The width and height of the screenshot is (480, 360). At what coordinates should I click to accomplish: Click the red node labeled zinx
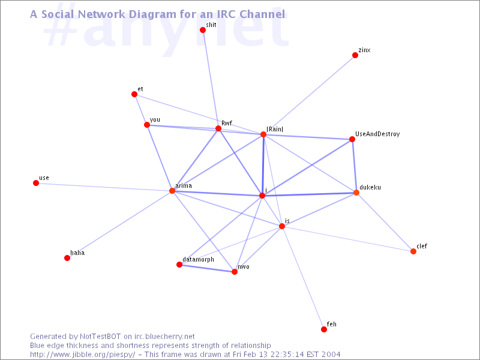(355, 55)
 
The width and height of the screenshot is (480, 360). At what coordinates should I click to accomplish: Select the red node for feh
(324, 329)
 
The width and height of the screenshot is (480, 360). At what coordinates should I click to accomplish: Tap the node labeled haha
(67, 258)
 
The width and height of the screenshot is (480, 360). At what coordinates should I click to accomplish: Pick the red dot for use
(36, 183)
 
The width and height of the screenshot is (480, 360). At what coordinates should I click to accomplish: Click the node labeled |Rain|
(263, 134)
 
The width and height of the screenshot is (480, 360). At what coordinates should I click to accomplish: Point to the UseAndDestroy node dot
(352, 139)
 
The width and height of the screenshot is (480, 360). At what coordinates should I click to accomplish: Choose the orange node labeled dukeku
(356, 193)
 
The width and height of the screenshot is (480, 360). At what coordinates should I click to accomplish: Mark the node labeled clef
(413, 251)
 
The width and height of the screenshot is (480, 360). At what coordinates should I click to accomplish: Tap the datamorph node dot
(179, 265)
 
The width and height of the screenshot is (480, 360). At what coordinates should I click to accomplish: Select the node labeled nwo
(235, 272)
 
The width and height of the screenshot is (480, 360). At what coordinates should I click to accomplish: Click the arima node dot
(172, 191)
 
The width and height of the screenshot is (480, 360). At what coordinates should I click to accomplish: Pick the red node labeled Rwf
(218, 128)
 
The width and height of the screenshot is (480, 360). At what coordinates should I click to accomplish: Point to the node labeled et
(134, 94)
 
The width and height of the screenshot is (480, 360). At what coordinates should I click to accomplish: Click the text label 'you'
(155, 120)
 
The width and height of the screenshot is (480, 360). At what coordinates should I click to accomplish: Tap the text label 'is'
(287, 221)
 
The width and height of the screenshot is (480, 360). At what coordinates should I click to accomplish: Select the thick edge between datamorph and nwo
(207, 268)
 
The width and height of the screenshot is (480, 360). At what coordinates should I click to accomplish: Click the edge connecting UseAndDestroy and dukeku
(354, 166)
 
